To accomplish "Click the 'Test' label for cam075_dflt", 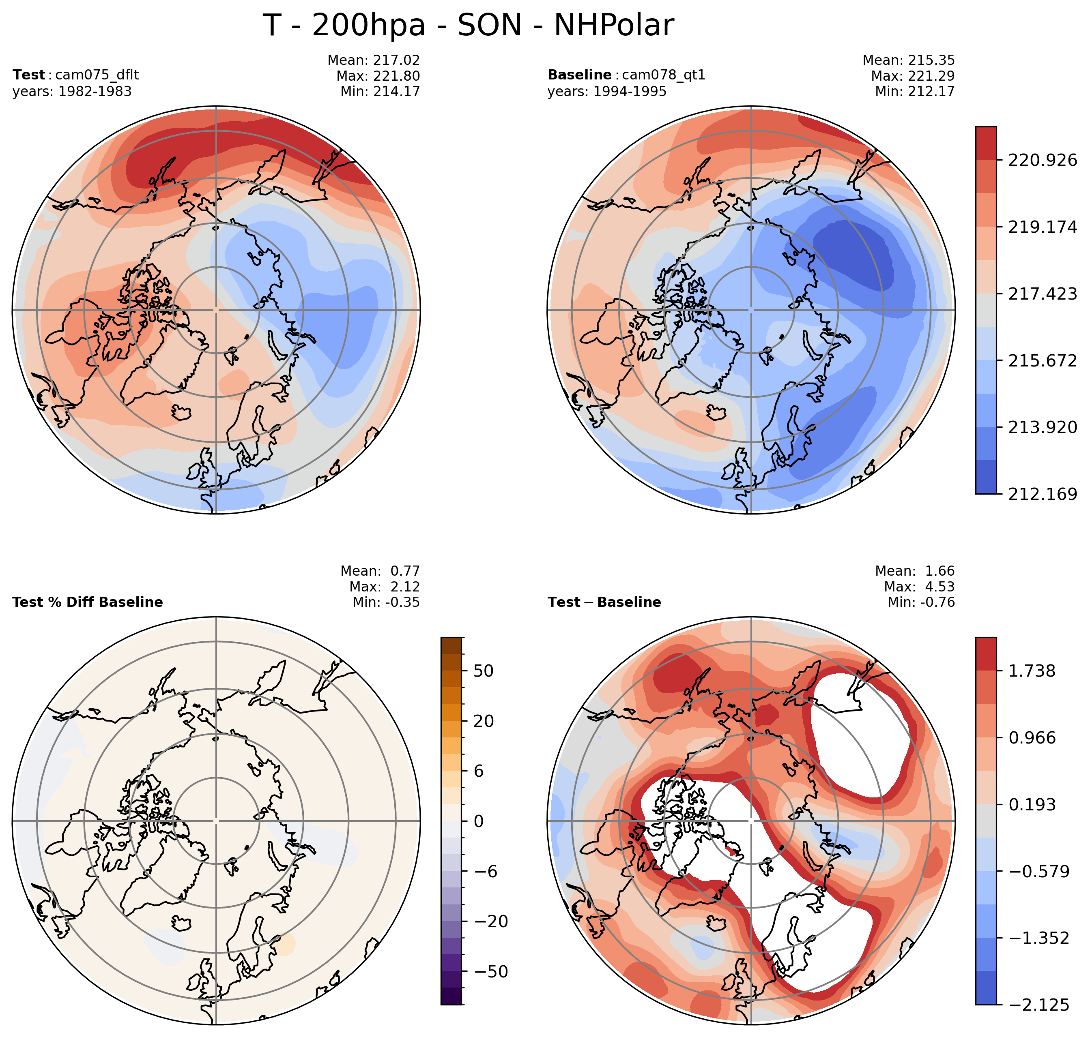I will (x=29, y=75).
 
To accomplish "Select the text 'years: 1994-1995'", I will (x=607, y=91).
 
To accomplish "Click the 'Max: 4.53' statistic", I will (x=919, y=587).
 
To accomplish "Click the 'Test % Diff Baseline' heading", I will (x=87, y=602).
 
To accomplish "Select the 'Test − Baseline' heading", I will (x=604, y=602).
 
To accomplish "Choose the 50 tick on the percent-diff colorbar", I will (x=483, y=671).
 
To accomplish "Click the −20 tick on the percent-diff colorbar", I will (x=485, y=921).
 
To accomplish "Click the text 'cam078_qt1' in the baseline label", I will (x=664, y=75).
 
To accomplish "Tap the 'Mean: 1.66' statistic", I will (x=915, y=571).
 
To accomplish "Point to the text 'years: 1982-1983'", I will (x=72, y=91).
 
